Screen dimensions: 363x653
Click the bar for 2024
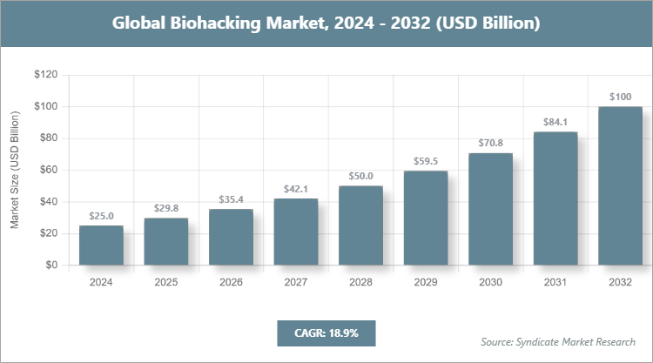click(x=101, y=245)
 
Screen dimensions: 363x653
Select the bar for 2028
click(x=360, y=225)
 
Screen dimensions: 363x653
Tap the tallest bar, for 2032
click(x=620, y=185)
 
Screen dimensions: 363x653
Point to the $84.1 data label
click(x=555, y=122)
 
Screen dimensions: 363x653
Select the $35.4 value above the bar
click(x=231, y=199)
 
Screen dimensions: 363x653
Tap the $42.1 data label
click(x=296, y=189)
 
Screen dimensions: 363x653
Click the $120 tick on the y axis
click(x=45, y=75)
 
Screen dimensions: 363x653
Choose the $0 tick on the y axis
click(x=51, y=265)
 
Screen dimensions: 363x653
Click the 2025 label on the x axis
click(x=166, y=282)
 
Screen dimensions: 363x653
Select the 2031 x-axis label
click(x=555, y=282)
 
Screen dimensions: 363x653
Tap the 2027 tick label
click(x=296, y=282)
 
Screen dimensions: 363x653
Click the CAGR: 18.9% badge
click(x=326, y=333)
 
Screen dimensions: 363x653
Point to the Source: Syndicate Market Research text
click(x=558, y=340)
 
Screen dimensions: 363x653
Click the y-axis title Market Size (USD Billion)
click(x=15, y=171)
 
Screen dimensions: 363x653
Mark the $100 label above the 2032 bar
click(x=620, y=97)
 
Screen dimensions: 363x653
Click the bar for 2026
click(x=231, y=237)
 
